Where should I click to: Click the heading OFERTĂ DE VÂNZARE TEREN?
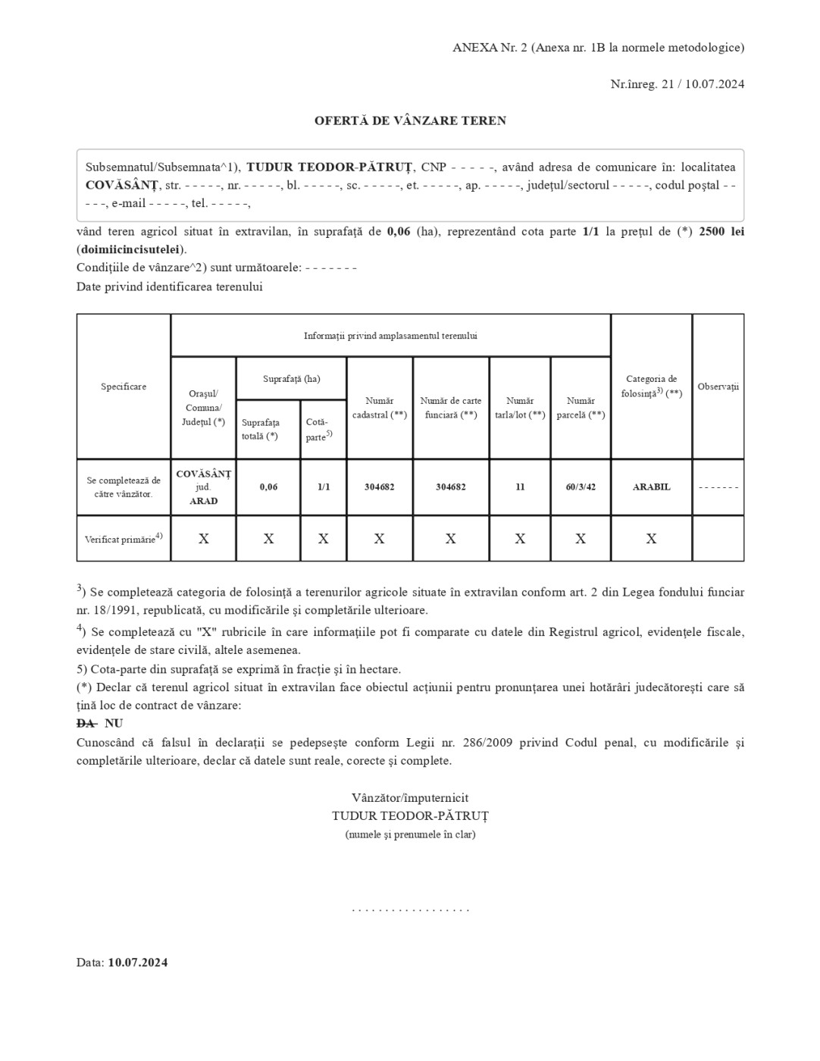[410, 120]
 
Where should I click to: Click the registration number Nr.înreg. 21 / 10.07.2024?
[677, 84]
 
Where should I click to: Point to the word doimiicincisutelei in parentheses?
[130, 249]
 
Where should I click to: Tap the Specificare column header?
[124, 387]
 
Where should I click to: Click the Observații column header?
[718, 387]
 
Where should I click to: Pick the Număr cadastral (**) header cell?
[380, 408]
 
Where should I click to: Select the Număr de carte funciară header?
[451, 408]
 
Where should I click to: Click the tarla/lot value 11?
[520, 487]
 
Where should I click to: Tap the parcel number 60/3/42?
[581, 487]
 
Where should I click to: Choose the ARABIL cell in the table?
[651, 487]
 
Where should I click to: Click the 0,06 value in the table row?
[268, 487]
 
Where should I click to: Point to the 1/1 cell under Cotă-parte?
[324, 487]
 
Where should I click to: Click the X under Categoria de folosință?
[651, 539]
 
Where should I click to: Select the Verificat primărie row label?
[124, 539]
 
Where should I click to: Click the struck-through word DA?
[86, 724]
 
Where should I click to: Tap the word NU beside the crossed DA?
[114, 724]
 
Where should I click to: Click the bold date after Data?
[137, 962]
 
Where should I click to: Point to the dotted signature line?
[410, 909]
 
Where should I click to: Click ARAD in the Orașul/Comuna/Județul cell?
[203, 501]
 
